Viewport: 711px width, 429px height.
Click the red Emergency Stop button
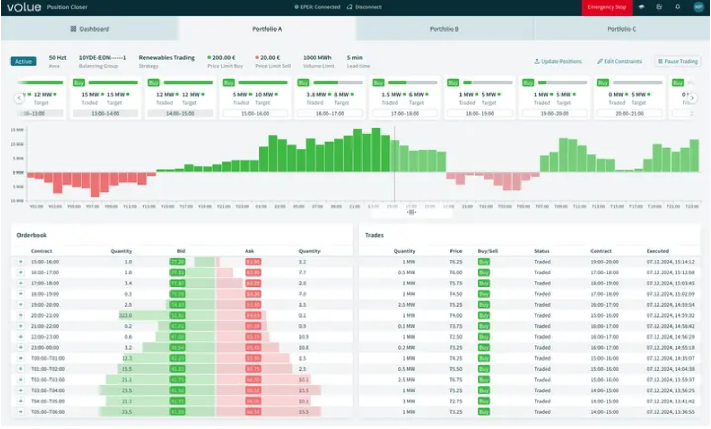[607, 7]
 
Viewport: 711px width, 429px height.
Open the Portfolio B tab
[444, 29]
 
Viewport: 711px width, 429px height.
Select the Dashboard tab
[89, 29]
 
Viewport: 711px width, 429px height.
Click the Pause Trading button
[677, 62]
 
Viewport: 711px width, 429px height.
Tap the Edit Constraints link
[619, 62]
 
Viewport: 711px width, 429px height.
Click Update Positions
[558, 62]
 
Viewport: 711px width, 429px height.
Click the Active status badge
[23, 62]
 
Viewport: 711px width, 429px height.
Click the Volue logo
[24, 7]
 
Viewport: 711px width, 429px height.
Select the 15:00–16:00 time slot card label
[255, 113]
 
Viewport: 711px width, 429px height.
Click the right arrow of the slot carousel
[693, 98]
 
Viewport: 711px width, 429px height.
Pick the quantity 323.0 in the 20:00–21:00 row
[125, 315]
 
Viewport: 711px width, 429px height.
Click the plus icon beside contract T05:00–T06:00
[21, 412]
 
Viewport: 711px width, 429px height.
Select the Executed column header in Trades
[658, 251]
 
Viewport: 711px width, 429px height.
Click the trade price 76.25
[456, 262]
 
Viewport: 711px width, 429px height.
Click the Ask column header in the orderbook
[249, 251]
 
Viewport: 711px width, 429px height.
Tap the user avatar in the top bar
[698, 7]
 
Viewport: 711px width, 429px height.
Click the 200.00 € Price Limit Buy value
[223, 58]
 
